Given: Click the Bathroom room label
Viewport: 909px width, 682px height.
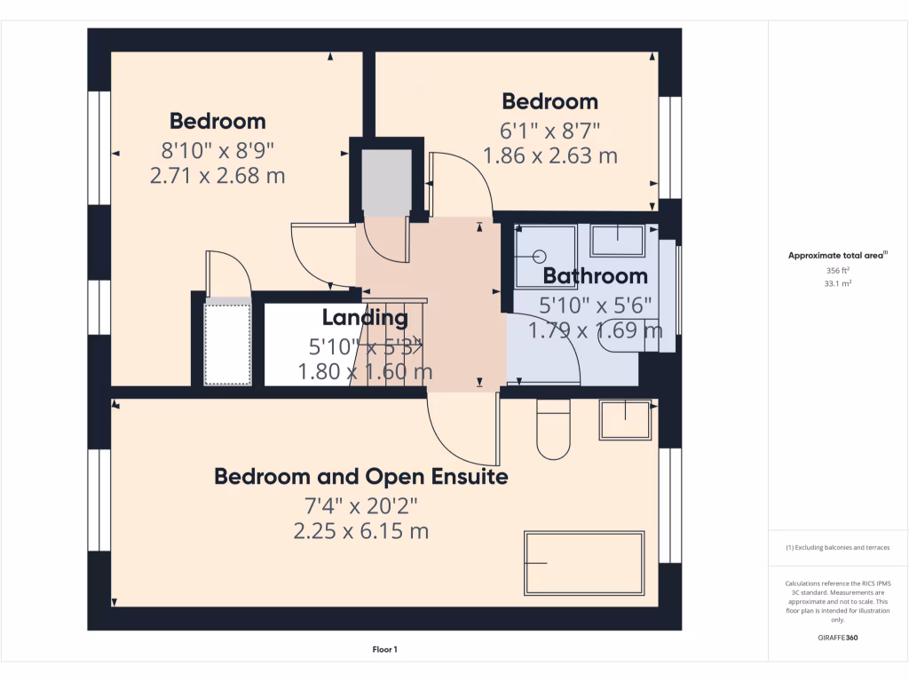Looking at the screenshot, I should (x=595, y=275).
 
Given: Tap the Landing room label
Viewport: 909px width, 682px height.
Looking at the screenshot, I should (x=365, y=317).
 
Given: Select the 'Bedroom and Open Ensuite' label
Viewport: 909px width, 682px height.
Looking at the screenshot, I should (x=361, y=477).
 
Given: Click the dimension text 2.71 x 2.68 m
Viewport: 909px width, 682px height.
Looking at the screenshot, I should (x=217, y=176).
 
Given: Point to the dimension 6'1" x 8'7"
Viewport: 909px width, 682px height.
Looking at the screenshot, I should (x=550, y=130).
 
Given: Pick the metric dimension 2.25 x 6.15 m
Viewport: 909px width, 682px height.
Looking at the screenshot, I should (x=361, y=532).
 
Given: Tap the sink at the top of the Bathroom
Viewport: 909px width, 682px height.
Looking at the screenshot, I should (x=618, y=240).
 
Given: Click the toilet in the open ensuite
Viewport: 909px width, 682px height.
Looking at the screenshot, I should (x=554, y=429).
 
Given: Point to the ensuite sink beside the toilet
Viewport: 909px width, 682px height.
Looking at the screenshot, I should (x=626, y=419).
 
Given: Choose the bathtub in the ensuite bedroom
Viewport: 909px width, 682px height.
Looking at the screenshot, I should (x=584, y=564).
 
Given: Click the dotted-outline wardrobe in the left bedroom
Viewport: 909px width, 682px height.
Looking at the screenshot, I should (x=228, y=344).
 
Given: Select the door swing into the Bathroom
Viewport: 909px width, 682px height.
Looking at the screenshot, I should (x=543, y=351).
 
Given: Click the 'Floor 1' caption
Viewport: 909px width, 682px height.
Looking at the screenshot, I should (x=384, y=650).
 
